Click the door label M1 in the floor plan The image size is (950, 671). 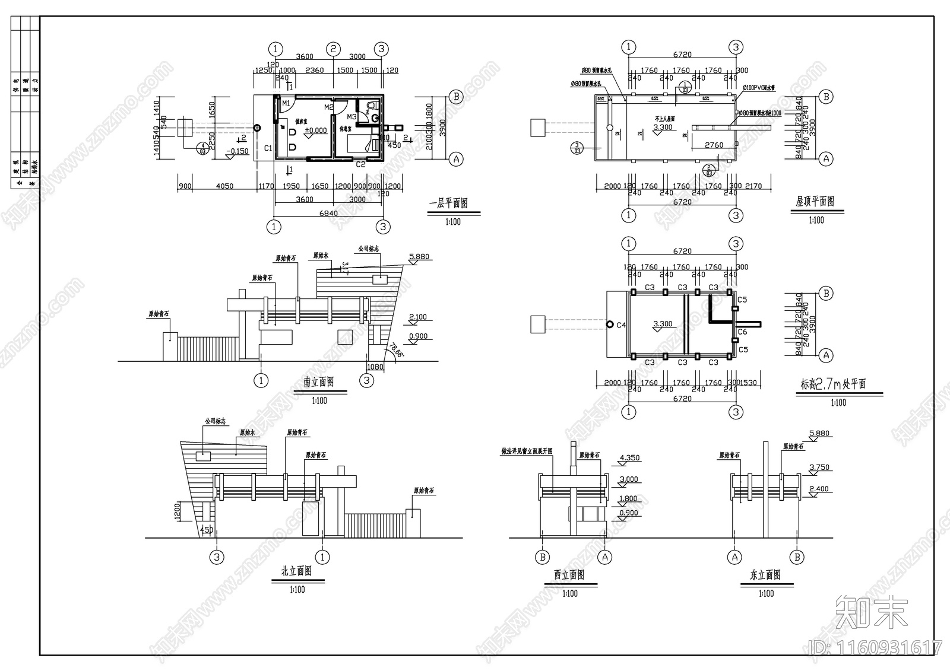tap(286, 103)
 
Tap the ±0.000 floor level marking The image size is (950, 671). tap(316, 131)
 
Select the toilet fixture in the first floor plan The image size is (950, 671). tap(372, 106)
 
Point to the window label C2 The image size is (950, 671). tap(360, 164)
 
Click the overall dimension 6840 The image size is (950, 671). tap(328, 213)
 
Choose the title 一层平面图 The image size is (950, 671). tap(448, 203)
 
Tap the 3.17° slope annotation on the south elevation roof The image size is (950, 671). tap(346, 268)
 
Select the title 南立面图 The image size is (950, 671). tap(319, 382)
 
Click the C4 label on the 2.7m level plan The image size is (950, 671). tap(621, 325)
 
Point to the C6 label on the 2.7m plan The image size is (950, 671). tap(742, 332)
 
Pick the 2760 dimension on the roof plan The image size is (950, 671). tap(714, 145)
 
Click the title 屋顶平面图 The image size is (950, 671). tap(815, 202)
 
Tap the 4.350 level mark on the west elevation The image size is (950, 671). tap(629, 458)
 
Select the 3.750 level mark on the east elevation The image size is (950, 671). tap(819, 468)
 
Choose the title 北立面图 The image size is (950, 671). tap(296, 571)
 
